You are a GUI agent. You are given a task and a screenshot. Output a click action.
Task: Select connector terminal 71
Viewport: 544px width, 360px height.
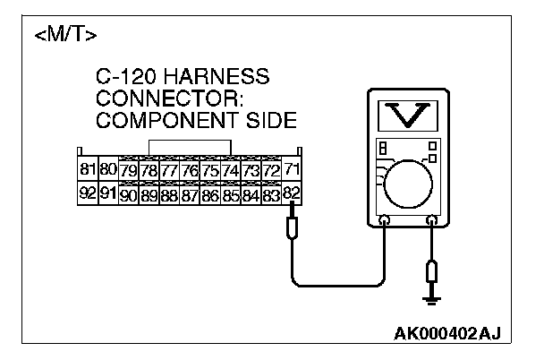point(292,169)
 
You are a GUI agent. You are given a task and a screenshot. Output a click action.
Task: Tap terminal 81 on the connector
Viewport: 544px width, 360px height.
point(88,169)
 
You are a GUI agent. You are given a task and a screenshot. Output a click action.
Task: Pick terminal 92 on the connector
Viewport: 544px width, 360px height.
point(88,192)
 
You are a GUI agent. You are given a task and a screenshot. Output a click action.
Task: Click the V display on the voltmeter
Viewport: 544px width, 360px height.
point(407,114)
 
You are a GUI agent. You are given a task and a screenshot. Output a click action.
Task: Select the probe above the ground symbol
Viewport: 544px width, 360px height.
point(433,270)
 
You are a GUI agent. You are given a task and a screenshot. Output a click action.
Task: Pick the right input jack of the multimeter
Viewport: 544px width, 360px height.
point(432,219)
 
